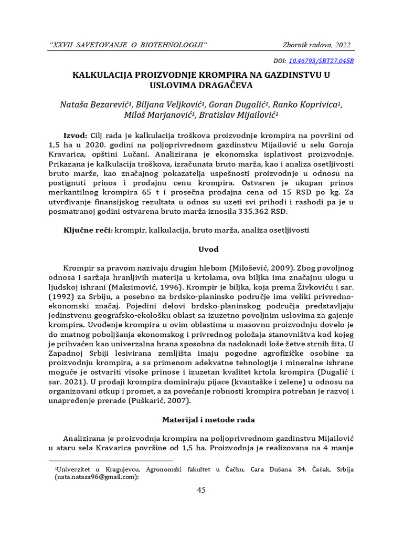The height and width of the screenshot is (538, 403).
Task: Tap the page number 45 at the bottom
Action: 201,490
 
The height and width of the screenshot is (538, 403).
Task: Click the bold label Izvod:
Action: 77,134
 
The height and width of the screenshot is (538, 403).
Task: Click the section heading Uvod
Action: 201,249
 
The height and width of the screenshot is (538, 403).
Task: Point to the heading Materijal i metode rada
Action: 201,420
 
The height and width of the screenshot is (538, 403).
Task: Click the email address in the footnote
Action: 96,477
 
